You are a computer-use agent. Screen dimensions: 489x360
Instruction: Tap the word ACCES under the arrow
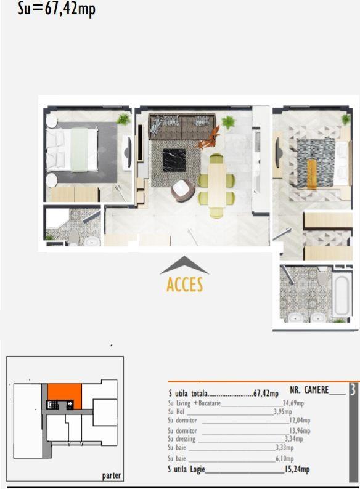click(185, 285)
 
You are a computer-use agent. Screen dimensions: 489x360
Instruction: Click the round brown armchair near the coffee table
click(182, 190)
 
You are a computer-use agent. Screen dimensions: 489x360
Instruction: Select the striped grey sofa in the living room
click(181, 127)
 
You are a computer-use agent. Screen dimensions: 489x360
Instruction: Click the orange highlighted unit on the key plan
click(65, 395)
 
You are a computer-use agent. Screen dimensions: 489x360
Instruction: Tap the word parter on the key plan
click(111, 475)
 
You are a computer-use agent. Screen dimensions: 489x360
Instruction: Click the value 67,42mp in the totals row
click(266, 394)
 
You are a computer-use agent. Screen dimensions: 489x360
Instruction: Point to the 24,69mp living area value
click(293, 403)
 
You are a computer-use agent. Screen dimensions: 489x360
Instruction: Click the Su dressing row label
click(182, 439)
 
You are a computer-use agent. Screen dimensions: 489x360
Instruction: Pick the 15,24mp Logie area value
click(297, 469)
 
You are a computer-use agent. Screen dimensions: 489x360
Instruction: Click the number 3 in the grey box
click(352, 390)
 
